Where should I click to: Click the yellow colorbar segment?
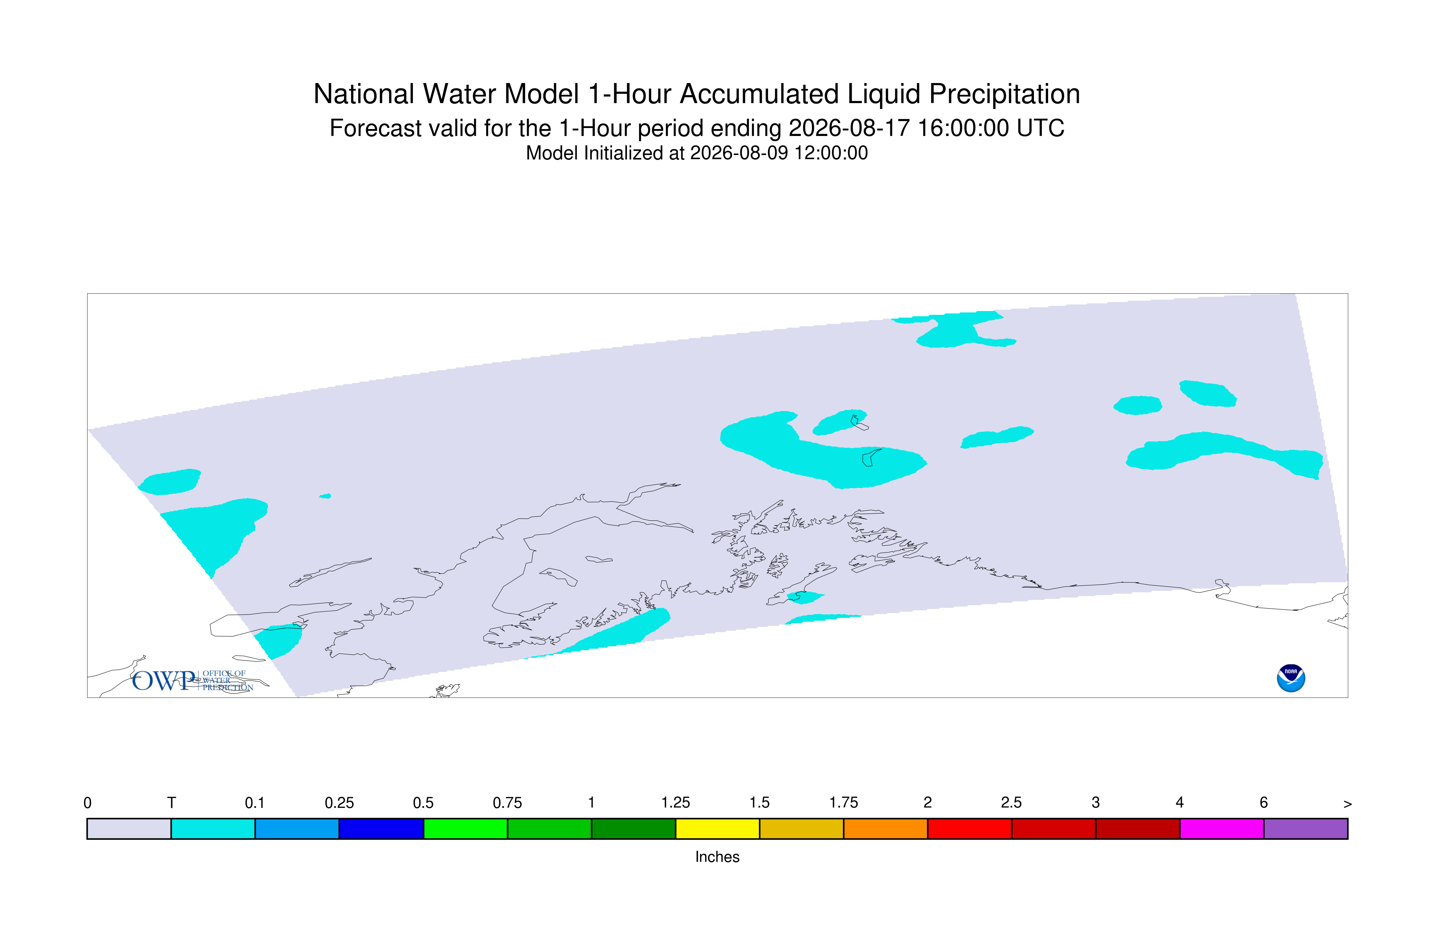click(717, 829)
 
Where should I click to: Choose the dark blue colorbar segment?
click(381, 829)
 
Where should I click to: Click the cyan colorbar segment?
click(213, 829)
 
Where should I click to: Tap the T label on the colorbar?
click(172, 803)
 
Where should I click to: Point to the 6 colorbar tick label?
click(1263, 803)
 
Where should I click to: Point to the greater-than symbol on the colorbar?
click(1348, 804)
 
